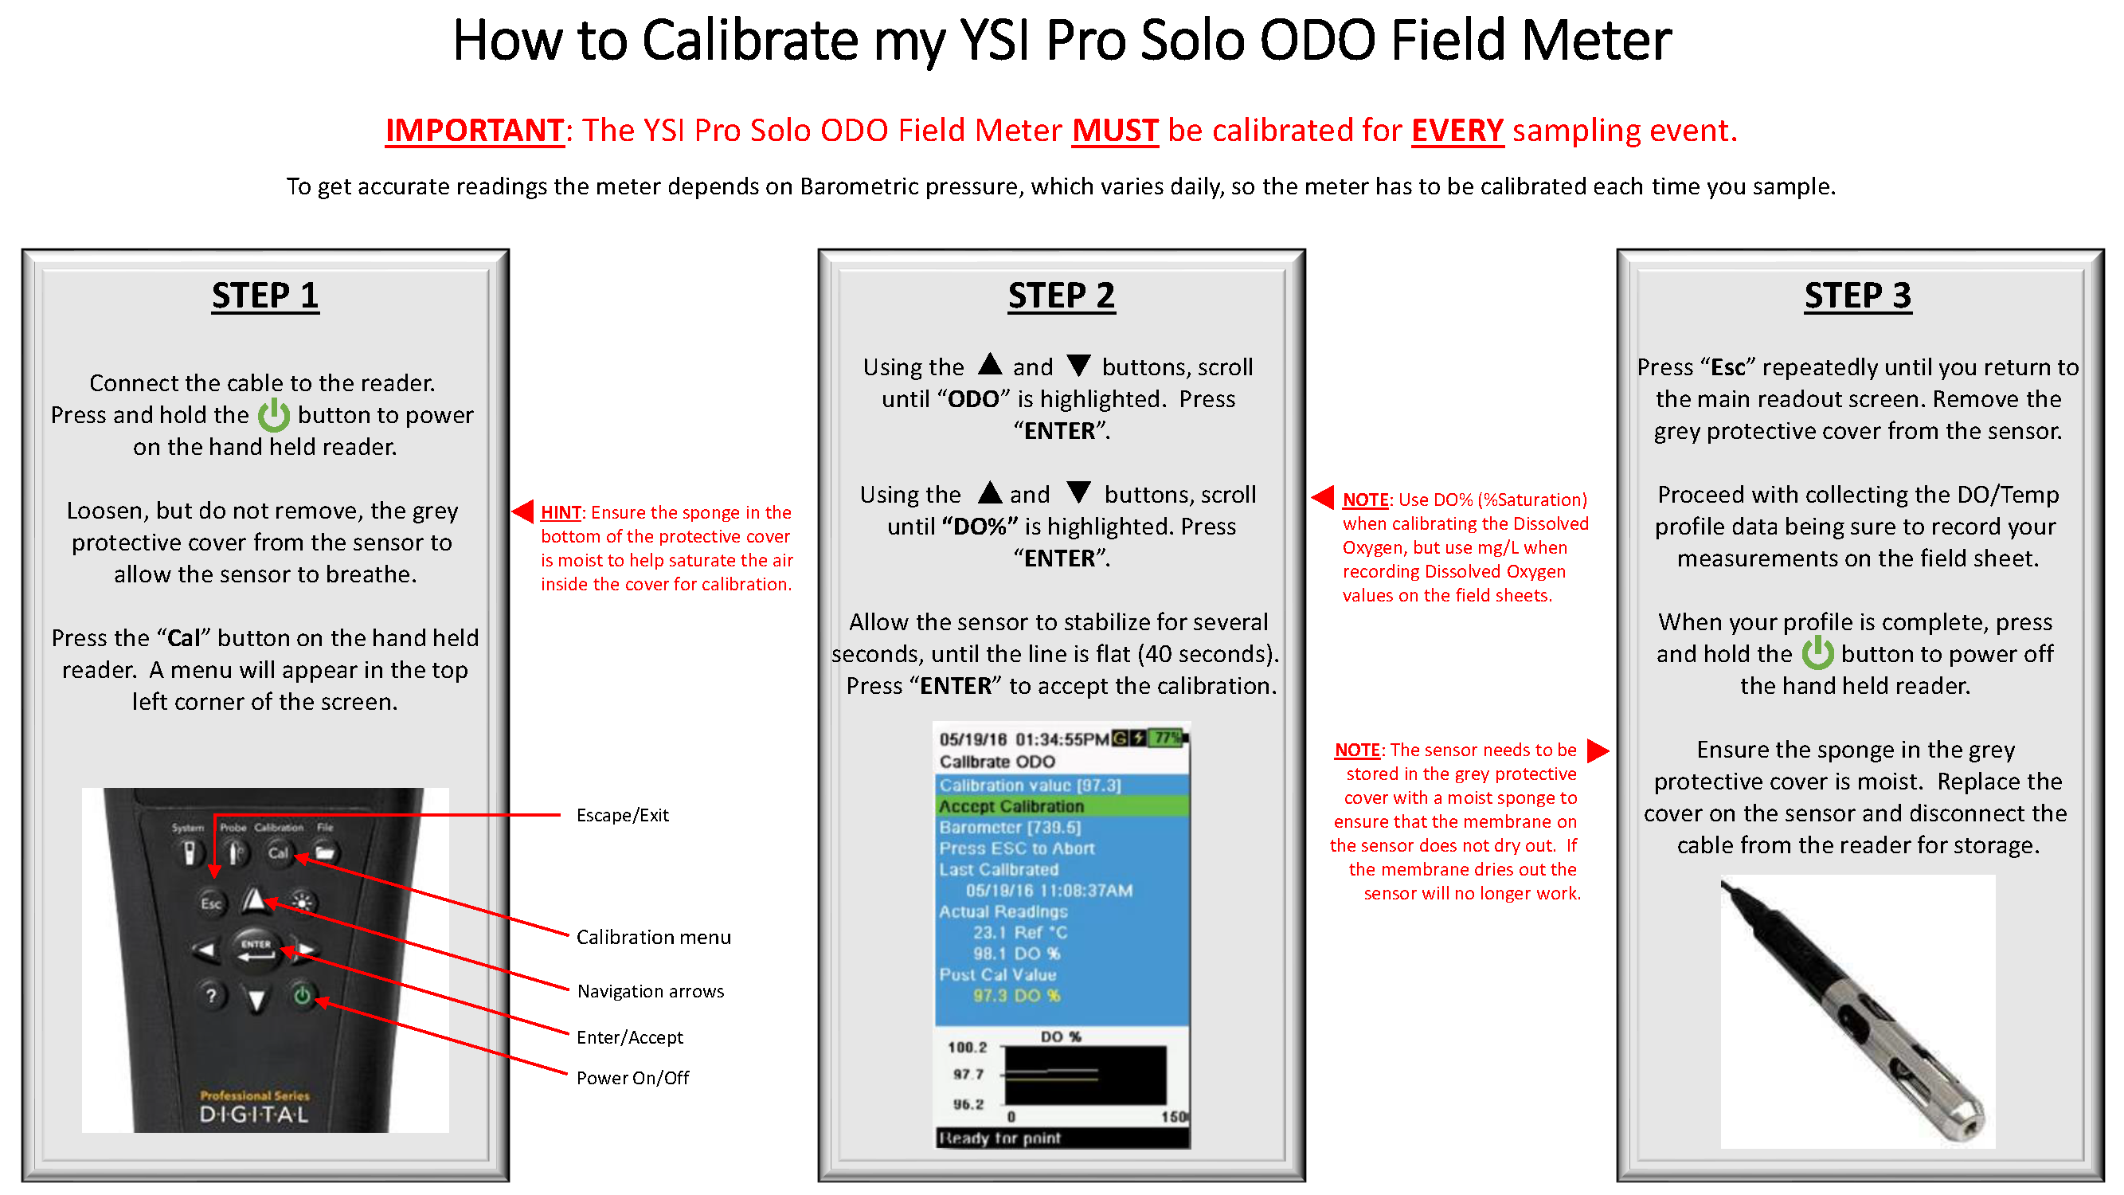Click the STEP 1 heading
pos(264,296)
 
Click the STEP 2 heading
pos(1061,296)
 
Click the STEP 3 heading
pos(1857,296)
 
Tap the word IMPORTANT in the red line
pos(474,131)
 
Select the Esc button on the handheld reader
pos(211,903)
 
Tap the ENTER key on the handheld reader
pos(256,947)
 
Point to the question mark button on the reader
pos(211,995)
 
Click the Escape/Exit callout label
pos(623,815)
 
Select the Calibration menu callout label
pos(653,937)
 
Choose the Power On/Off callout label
pos(632,1078)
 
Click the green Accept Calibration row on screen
pos(1061,805)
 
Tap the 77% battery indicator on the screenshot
pos(1167,739)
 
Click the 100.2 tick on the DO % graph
pos(967,1048)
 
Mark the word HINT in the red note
pos(561,512)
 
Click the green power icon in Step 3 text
pos(1817,653)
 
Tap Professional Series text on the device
pos(255,1095)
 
